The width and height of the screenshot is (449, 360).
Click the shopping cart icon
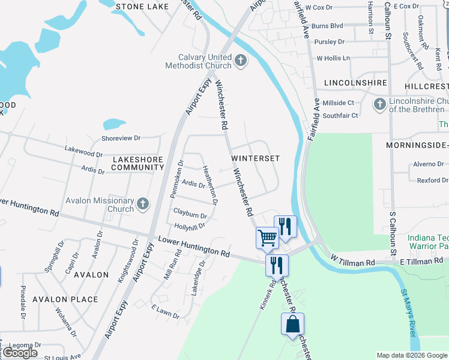(x=267, y=238)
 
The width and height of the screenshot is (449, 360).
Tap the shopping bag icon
(x=292, y=324)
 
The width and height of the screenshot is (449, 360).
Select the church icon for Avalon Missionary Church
(x=143, y=205)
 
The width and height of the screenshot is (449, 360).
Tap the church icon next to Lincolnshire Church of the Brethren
(x=379, y=105)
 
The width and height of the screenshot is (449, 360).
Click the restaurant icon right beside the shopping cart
(x=285, y=226)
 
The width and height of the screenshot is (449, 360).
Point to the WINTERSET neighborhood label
(x=256, y=158)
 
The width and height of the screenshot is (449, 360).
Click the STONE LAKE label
(x=143, y=6)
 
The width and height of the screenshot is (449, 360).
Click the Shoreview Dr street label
(x=121, y=138)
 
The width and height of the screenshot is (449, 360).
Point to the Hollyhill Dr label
(x=189, y=226)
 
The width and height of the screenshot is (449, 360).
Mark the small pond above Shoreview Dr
(x=114, y=124)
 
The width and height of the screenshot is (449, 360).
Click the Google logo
(x=20, y=353)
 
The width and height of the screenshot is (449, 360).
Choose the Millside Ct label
(x=339, y=103)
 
